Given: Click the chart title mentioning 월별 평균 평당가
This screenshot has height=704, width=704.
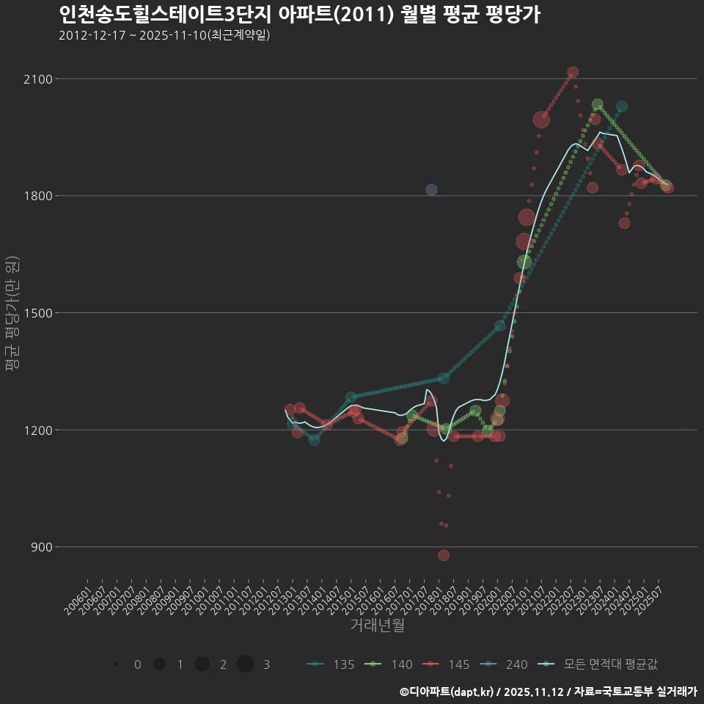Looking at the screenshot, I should click(299, 15).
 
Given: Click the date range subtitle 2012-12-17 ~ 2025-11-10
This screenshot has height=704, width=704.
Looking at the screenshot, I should click(164, 35).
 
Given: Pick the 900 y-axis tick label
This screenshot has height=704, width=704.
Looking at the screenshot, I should click(41, 547).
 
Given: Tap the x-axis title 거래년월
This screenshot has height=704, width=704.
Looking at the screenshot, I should click(377, 625).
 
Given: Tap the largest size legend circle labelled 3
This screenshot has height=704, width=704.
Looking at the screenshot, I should click(245, 664).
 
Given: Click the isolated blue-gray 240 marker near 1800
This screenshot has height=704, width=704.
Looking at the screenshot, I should click(431, 190).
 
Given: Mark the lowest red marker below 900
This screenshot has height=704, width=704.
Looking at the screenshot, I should click(444, 555).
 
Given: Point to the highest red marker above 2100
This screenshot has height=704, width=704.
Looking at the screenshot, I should click(573, 72).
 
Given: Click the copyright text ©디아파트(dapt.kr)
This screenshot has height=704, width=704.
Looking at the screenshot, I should click(446, 692).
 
